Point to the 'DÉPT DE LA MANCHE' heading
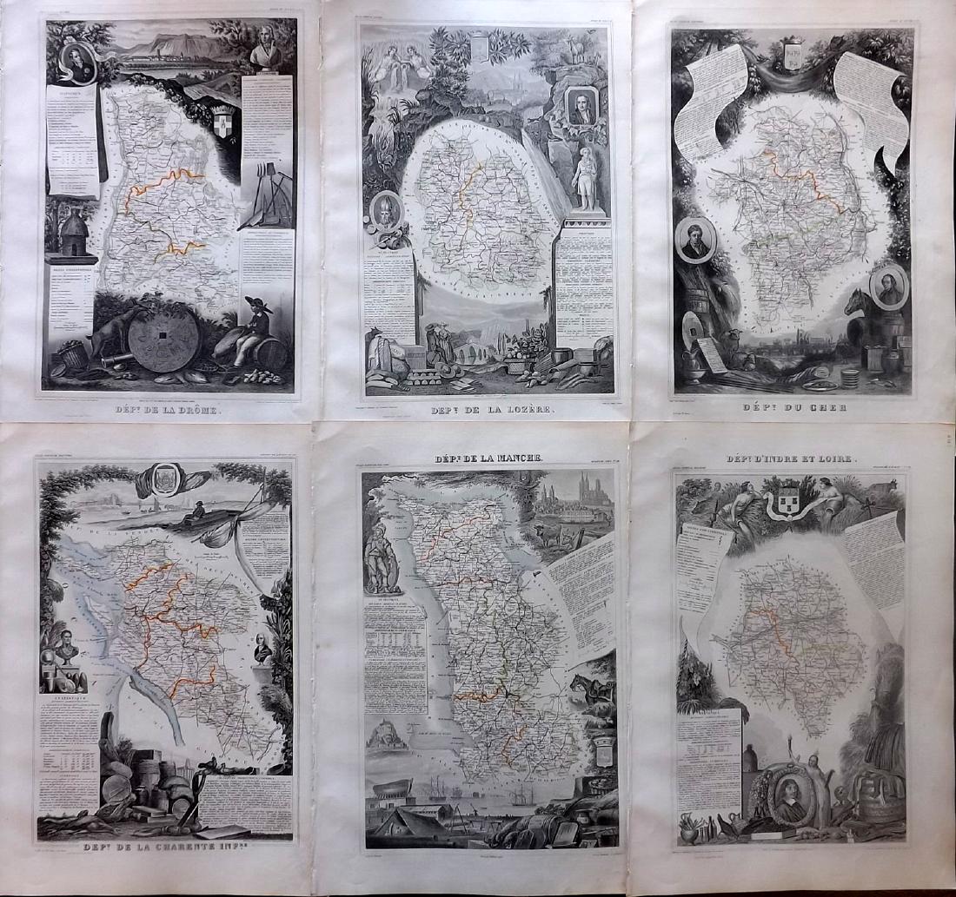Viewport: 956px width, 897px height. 488,458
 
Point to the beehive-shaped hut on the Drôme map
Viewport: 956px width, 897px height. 74,234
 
